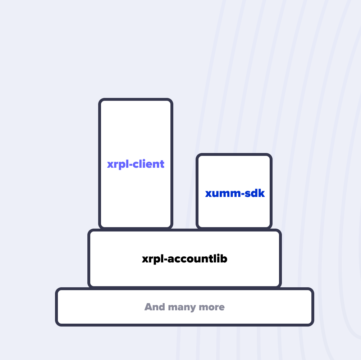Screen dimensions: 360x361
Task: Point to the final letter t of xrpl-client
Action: point(162,164)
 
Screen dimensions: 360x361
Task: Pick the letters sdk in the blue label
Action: point(254,194)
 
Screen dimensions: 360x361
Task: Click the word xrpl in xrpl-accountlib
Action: point(152,259)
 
